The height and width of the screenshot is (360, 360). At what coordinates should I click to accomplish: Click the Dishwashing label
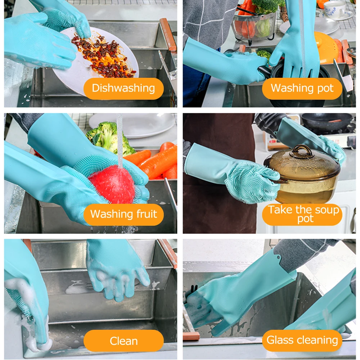(123, 89)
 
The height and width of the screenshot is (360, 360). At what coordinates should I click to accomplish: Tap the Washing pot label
(302, 89)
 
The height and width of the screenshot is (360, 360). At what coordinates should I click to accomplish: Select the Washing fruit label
(123, 215)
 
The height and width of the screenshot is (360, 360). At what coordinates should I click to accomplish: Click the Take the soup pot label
(302, 215)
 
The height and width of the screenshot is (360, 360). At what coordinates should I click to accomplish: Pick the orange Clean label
(123, 341)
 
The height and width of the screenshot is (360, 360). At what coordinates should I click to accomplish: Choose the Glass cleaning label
(302, 341)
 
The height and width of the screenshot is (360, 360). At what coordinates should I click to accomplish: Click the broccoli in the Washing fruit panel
(110, 138)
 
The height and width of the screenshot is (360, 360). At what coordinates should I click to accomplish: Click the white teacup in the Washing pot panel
(334, 9)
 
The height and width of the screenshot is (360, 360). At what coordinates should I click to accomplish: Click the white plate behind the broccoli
(133, 126)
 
